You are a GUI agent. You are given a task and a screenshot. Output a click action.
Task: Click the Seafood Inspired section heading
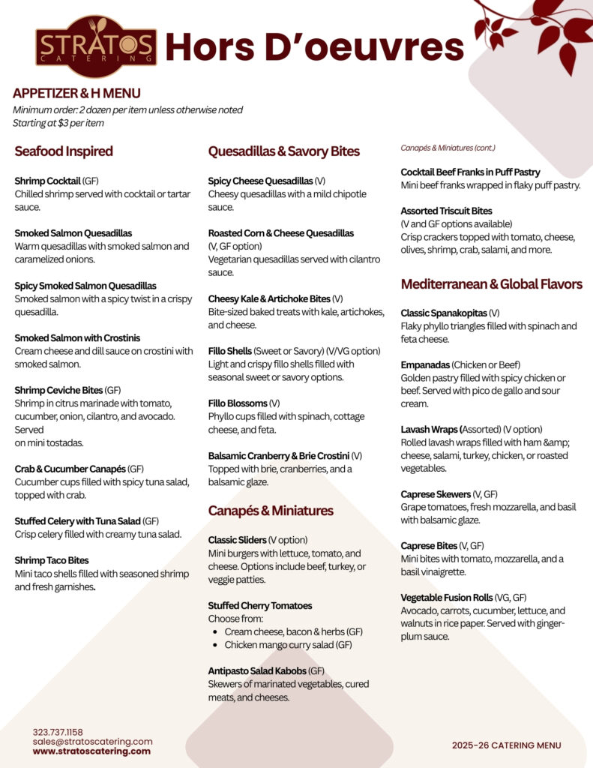(x=64, y=151)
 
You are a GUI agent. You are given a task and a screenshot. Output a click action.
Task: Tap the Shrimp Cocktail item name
(x=47, y=181)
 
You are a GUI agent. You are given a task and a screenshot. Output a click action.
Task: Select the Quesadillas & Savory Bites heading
(x=283, y=151)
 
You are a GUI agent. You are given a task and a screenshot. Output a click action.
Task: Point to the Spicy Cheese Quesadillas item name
(x=260, y=181)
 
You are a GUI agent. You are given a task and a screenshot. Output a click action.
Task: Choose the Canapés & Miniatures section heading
(x=271, y=511)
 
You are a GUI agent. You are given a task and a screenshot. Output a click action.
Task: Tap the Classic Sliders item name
(x=237, y=540)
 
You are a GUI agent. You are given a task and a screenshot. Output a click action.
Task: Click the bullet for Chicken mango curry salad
(x=217, y=645)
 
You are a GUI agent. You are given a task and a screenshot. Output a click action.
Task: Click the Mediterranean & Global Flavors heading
(x=491, y=284)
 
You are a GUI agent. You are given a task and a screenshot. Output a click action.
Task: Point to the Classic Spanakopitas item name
(x=443, y=313)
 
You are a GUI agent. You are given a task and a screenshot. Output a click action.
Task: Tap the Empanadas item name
(x=425, y=364)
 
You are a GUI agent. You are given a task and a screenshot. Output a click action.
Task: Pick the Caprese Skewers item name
(x=436, y=495)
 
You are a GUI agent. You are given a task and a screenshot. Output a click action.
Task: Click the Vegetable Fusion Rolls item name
(x=446, y=598)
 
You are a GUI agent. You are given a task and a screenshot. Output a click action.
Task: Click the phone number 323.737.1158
(x=58, y=732)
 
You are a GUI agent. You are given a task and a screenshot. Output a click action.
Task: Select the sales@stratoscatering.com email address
(x=92, y=741)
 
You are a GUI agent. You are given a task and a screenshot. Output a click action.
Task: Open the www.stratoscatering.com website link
(x=91, y=751)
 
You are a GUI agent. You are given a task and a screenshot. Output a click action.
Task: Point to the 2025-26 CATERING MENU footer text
(x=506, y=745)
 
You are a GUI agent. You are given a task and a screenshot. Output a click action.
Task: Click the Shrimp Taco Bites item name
(x=52, y=560)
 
